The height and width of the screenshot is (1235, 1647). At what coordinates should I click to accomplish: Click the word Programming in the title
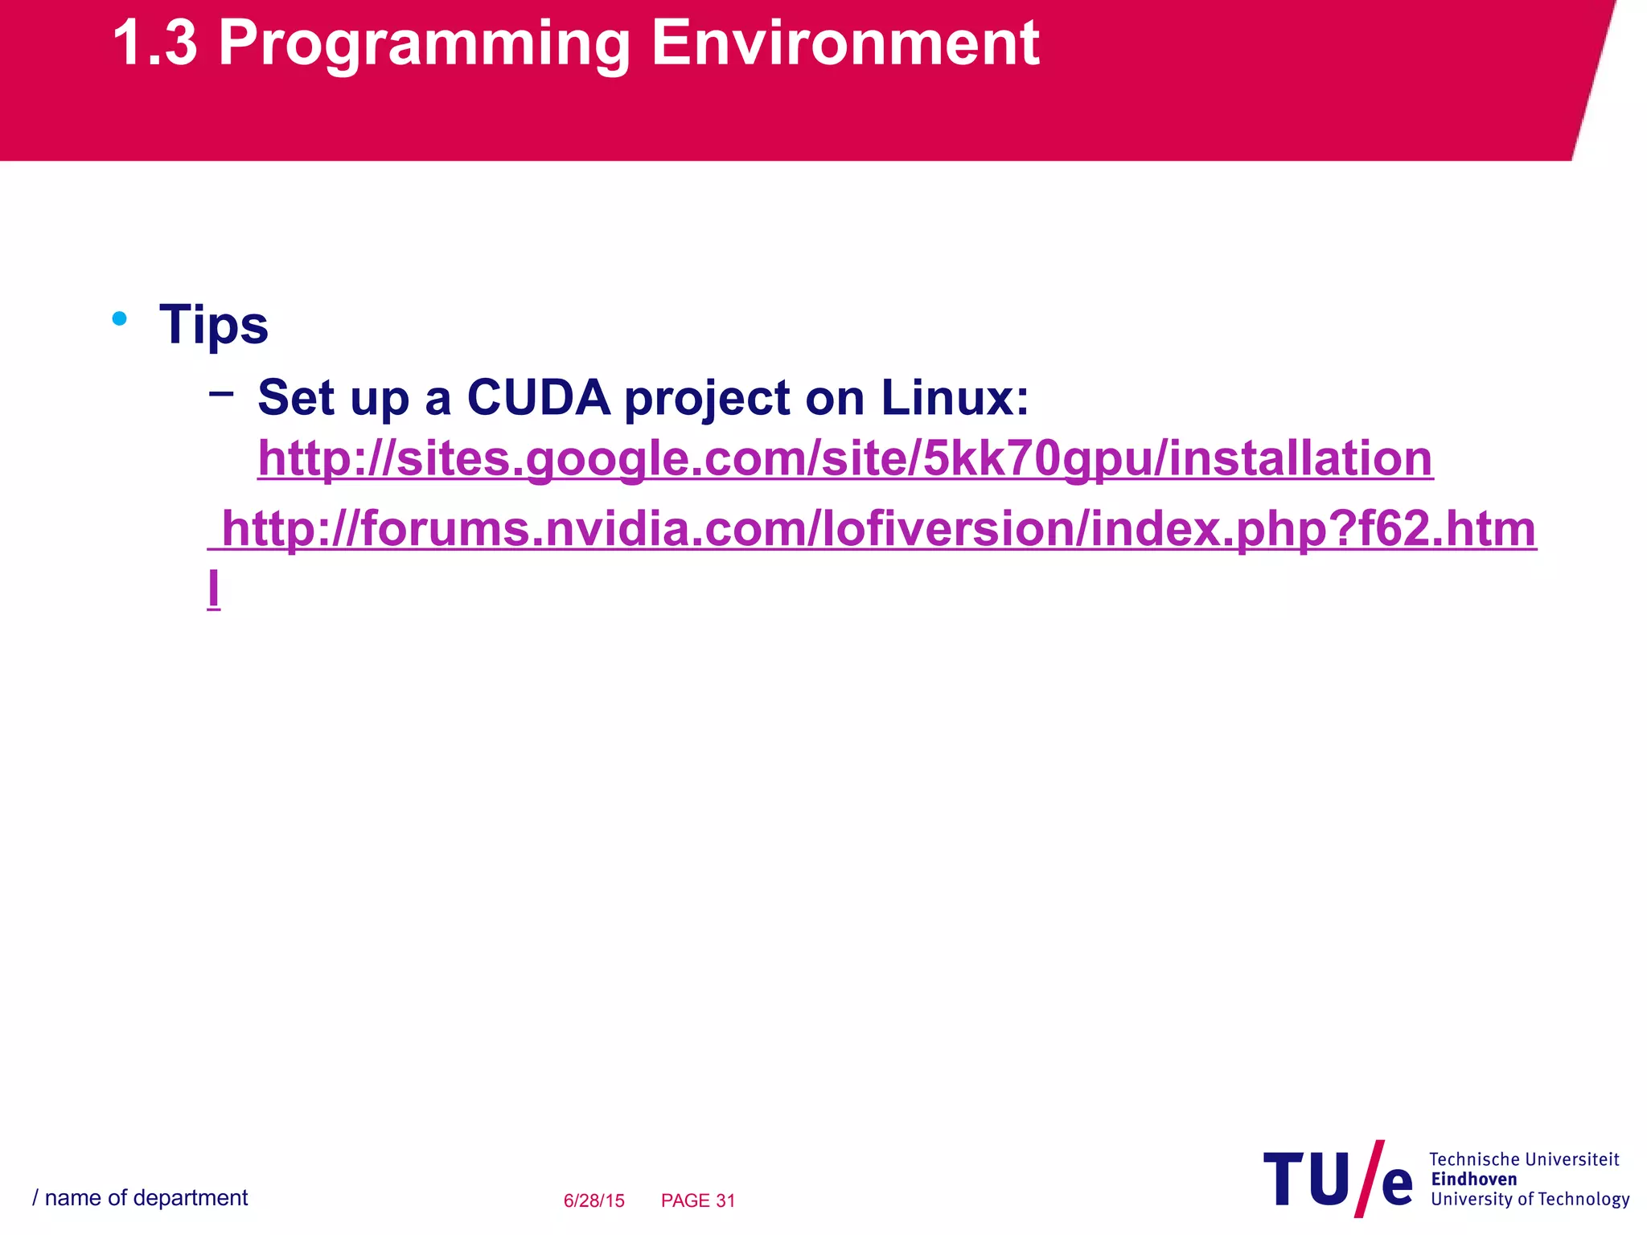point(424,44)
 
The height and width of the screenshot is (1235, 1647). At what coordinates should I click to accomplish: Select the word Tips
point(214,326)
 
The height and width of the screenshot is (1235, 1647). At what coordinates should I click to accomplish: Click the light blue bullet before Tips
point(120,319)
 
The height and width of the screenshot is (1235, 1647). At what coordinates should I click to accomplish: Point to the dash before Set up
point(221,394)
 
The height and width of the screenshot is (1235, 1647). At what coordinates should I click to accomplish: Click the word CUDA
point(538,398)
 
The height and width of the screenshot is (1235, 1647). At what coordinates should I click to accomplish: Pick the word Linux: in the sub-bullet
point(955,398)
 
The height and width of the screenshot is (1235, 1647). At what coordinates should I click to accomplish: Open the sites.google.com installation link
point(844,459)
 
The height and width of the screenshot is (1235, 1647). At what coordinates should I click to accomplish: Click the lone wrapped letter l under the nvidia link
point(214,589)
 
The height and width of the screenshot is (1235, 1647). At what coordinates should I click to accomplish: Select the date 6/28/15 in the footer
point(593,1200)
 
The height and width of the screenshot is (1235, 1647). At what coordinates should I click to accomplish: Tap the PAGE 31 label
point(698,1200)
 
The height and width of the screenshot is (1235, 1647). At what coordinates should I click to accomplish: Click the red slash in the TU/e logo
point(1370,1178)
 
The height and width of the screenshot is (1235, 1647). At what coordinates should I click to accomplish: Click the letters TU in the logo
point(1307,1180)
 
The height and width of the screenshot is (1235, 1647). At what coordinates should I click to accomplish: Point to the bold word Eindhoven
point(1474,1180)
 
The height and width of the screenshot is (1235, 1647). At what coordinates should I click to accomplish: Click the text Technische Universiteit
point(1524,1159)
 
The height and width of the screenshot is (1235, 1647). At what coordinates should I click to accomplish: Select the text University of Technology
point(1530,1200)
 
